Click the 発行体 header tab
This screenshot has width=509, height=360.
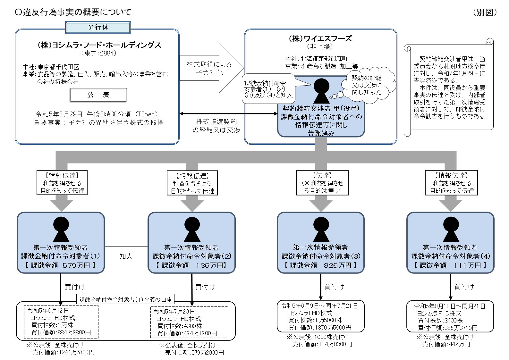pos(98,28)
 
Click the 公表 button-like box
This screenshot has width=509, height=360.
pos(98,95)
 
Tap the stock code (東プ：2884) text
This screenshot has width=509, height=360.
pos(98,53)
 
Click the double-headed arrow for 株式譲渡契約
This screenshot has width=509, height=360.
pos(228,113)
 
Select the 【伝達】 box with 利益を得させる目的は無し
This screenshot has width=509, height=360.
pos(322,183)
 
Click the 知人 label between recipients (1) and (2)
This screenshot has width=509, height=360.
pos(126,256)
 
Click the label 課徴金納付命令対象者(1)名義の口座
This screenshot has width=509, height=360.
pos(125,299)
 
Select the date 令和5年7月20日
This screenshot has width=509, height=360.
pos(174,311)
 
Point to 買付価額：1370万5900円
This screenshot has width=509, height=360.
pos(319,328)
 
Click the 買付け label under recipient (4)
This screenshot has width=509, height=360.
pos(464,287)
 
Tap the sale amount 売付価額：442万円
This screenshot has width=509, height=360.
pos(446,344)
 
